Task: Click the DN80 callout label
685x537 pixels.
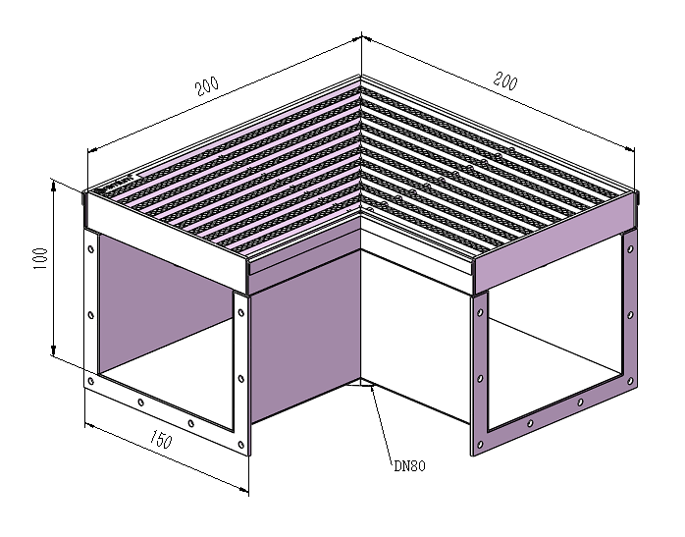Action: pyautogui.click(x=409, y=465)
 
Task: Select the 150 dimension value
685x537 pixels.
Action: pyautogui.click(x=160, y=439)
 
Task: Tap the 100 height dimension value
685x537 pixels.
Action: pyautogui.click(x=40, y=258)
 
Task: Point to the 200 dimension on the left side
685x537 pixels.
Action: pyautogui.click(x=207, y=86)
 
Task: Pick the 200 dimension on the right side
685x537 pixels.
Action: pyautogui.click(x=505, y=81)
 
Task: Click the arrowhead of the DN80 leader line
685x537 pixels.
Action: pyautogui.click(x=372, y=387)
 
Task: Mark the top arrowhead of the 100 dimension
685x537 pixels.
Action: pyautogui.click(x=53, y=187)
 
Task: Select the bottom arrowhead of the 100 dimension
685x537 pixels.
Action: pyautogui.click(x=53, y=349)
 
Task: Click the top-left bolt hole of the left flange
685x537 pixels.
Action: pyautogui.click(x=91, y=249)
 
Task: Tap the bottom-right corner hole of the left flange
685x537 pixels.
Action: pyautogui.click(x=241, y=445)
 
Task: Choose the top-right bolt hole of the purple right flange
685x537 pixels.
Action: pyautogui.click(x=630, y=249)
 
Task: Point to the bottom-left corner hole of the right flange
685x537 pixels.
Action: pyautogui.click(x=480, y=445)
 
